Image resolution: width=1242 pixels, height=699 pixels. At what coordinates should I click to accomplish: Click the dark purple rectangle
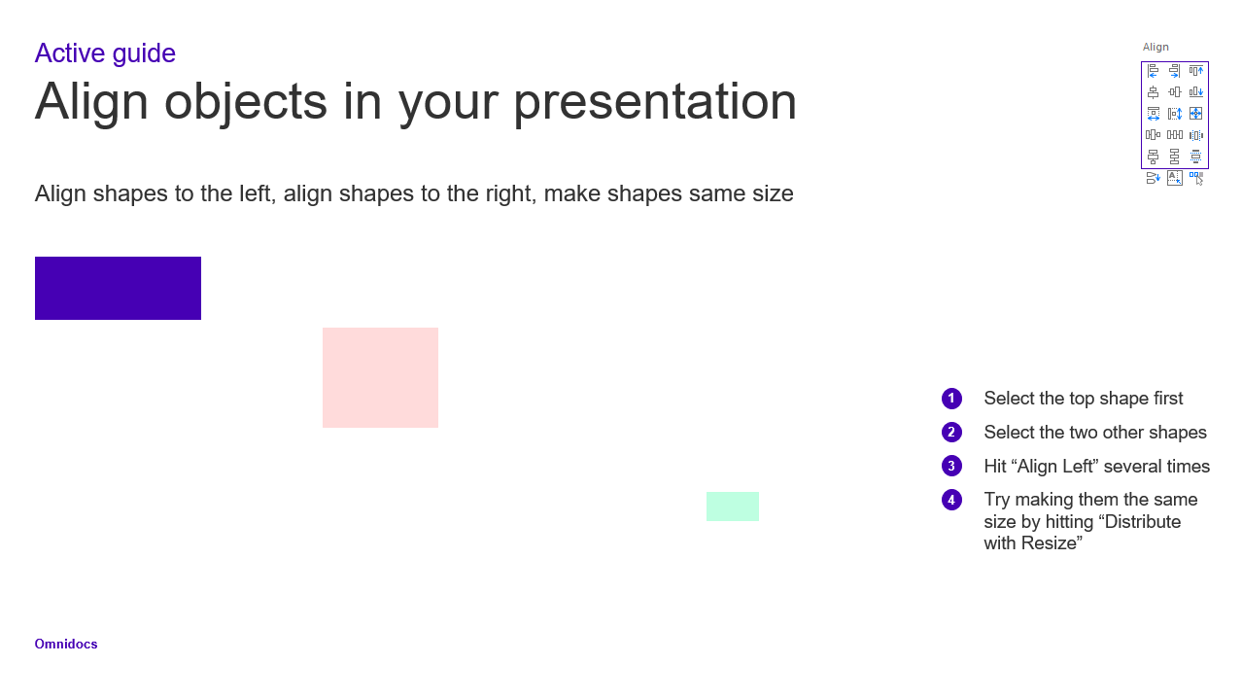(x=118, y=288)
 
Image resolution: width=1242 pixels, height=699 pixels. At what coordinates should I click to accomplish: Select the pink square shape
(x=380, y=377)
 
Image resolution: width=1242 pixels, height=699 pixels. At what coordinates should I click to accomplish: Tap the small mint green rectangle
(x=733, y=506)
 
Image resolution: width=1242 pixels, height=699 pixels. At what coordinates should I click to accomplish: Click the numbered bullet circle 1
(x=951, y=399)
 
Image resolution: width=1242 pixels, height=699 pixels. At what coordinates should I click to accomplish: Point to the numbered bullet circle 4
(x=951, y=500)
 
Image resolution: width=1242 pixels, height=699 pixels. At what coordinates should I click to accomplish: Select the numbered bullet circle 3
(x=951, y=466)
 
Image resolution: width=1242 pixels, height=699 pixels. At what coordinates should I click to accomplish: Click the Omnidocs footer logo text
(x=66, y=644)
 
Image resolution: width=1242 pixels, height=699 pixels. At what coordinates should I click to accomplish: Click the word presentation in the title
(x=655, y=101)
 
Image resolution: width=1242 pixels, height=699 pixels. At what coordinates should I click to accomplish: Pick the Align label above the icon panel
(x=1156, y=48)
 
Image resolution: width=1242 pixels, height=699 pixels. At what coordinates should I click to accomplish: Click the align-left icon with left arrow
(x=1153, y=70)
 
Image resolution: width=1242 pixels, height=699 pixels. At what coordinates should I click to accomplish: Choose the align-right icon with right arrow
(x=1174, y=70)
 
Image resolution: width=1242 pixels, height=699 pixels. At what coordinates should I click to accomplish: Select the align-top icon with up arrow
(x=1196, y=70)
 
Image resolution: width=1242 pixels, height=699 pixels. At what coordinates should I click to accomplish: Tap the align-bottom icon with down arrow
(x=1196, y=92)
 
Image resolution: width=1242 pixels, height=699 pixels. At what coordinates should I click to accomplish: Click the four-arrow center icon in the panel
(x=1196, y=114)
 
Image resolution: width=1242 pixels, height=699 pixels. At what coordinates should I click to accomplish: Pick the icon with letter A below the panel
(x=1174, y=178)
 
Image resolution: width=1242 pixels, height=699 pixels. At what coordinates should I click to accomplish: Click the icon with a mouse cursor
(x=1196, y=178)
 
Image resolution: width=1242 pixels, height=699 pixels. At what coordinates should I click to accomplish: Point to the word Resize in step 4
(x=1052, y=543)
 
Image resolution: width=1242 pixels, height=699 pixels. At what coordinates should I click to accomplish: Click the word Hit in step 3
(x=995, y=466)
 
